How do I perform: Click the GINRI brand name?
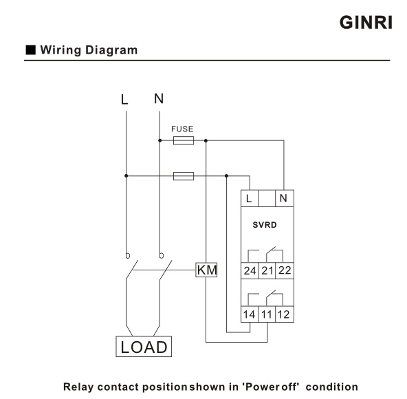tap(366, 21)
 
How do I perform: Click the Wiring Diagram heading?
tap(89, 50)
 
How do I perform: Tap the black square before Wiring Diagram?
tap(30, 50)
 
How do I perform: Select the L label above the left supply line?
tap(124, 99)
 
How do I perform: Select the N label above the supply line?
tap(159, 98)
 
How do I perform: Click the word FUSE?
tap(182, 129)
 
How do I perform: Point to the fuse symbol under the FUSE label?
tap(183, 140)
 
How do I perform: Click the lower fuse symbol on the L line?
tap(183, 176)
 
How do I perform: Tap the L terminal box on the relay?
tap(249, 199)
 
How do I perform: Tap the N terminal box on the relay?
tap(283, 199)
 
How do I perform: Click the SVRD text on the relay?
tap(265, 225)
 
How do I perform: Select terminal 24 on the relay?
tap(250, 270)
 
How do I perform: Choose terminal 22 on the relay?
tap(284, 270)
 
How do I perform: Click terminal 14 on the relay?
tap(250, 316)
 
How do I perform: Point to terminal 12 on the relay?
tap(284, 316)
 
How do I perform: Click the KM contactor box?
tap(206, 270)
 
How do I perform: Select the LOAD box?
tap(144, 347)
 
